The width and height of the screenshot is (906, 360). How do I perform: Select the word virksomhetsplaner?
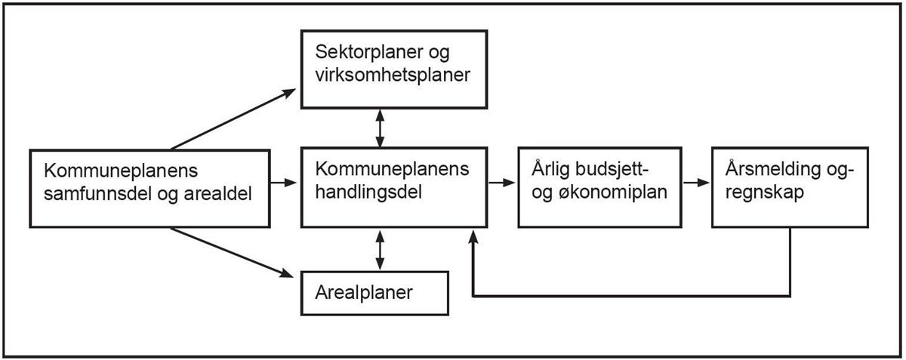tap(393, 75)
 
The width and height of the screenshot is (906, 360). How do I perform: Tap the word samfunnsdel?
tap(97, 194)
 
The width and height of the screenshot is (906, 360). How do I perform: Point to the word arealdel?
tap(217, 194)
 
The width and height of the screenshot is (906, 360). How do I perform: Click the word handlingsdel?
tap(368, 192)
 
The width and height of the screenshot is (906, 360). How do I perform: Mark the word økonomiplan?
tap(613, 192)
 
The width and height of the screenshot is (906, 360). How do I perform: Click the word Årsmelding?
tap(772, 168)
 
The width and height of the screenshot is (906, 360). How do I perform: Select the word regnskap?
tap(764, 192)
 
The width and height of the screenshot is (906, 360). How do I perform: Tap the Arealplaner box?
tap(375, 294)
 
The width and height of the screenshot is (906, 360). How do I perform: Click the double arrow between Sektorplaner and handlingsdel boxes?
tap(380, 128)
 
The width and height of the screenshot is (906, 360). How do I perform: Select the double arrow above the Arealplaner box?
tap(380, 250)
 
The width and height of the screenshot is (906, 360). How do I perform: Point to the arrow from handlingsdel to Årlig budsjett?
tap(501, 183)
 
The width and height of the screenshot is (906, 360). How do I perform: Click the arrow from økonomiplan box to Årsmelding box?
tap(696, 183)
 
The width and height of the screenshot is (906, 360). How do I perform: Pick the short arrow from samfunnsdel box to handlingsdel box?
tap(284, 183)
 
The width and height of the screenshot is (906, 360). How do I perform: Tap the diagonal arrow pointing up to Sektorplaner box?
tap(233, 119)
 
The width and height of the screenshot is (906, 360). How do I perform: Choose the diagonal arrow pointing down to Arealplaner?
tap(232, 253)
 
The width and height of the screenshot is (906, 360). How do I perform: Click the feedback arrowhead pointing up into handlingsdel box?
tap(473, 237)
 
